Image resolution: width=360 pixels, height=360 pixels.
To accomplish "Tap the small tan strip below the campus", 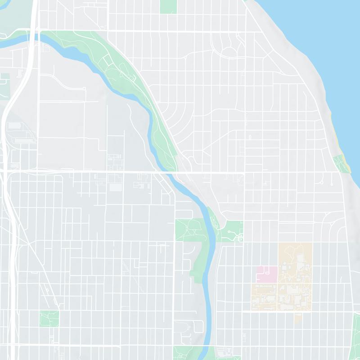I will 297,318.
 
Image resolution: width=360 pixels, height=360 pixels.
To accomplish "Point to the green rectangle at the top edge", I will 169,6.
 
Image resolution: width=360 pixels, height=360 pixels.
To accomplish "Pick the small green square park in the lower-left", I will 49,319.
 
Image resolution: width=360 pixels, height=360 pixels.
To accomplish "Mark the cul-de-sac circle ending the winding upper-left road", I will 84,89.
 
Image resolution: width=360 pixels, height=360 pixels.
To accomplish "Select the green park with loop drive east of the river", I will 230,230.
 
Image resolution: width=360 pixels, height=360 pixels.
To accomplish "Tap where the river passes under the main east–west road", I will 167,172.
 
